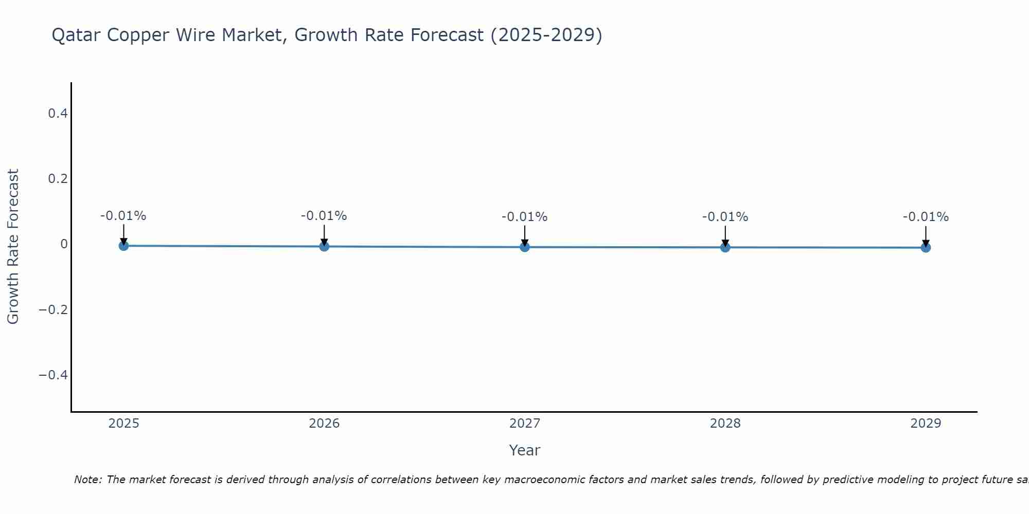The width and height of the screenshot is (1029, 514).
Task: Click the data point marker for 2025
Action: pos(123,246)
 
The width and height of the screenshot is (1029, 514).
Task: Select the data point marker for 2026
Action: pos(324,246)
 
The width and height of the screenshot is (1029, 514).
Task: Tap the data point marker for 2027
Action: pos(525,247)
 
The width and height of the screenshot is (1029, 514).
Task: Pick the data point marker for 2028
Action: pos(725,247)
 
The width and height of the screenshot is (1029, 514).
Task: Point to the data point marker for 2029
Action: pos(926,247)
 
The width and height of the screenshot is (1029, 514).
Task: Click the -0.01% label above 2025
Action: pos(123,216)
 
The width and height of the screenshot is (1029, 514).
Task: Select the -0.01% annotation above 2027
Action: pos(524,217)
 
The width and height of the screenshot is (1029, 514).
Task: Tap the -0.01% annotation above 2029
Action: pos(926,217)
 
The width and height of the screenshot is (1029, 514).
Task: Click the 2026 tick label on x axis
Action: pos(324,424)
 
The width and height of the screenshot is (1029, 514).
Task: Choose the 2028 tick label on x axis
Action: pos(725,424)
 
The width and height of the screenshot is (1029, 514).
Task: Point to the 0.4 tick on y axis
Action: pos(58,113)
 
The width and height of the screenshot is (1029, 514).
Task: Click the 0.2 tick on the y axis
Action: pos(58,179)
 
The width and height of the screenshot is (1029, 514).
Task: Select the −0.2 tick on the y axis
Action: pos(54,309)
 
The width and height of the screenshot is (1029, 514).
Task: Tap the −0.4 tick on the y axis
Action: pos(54,375)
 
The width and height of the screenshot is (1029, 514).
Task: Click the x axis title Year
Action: pos(524,450)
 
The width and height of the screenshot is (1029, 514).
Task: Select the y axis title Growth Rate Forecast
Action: pos(13,247)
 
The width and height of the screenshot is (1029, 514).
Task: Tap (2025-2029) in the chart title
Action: pos(546,35)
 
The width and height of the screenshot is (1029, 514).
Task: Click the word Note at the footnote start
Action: pos(87,480)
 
